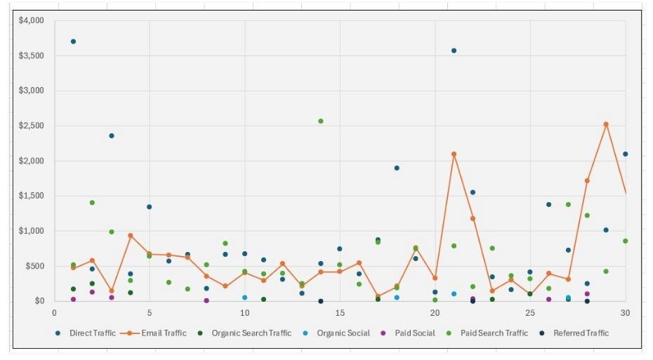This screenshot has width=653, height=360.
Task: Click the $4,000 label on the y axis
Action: click(31, 20)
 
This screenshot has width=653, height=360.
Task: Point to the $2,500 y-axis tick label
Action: click(31, 126)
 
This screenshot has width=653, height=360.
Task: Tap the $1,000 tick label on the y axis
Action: click(31, 231)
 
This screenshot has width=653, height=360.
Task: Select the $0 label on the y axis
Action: click(39, 301)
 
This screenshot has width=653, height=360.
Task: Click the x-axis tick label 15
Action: click(340, 312)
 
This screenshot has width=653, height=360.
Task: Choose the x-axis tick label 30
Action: click(624, 312)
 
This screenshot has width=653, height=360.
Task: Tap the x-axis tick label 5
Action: click(149, 312)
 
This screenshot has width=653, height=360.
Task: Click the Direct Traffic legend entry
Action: click(92, 333)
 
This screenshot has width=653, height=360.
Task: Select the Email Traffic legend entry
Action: click(161, 333)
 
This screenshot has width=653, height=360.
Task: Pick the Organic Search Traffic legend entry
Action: click(251, 333)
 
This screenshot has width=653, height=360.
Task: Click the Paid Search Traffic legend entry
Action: click(494, 333)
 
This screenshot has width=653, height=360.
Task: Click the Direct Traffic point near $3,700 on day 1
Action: click(73, 41)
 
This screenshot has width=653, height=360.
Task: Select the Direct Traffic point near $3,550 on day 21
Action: click(454, 51)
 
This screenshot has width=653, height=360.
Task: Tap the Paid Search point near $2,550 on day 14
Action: click(321, 121)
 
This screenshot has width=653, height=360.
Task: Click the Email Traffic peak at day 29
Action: click(606, 124)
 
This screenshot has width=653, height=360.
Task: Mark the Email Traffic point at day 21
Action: click(454, 154)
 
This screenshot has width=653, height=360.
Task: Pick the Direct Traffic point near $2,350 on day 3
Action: click(111, 135)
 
